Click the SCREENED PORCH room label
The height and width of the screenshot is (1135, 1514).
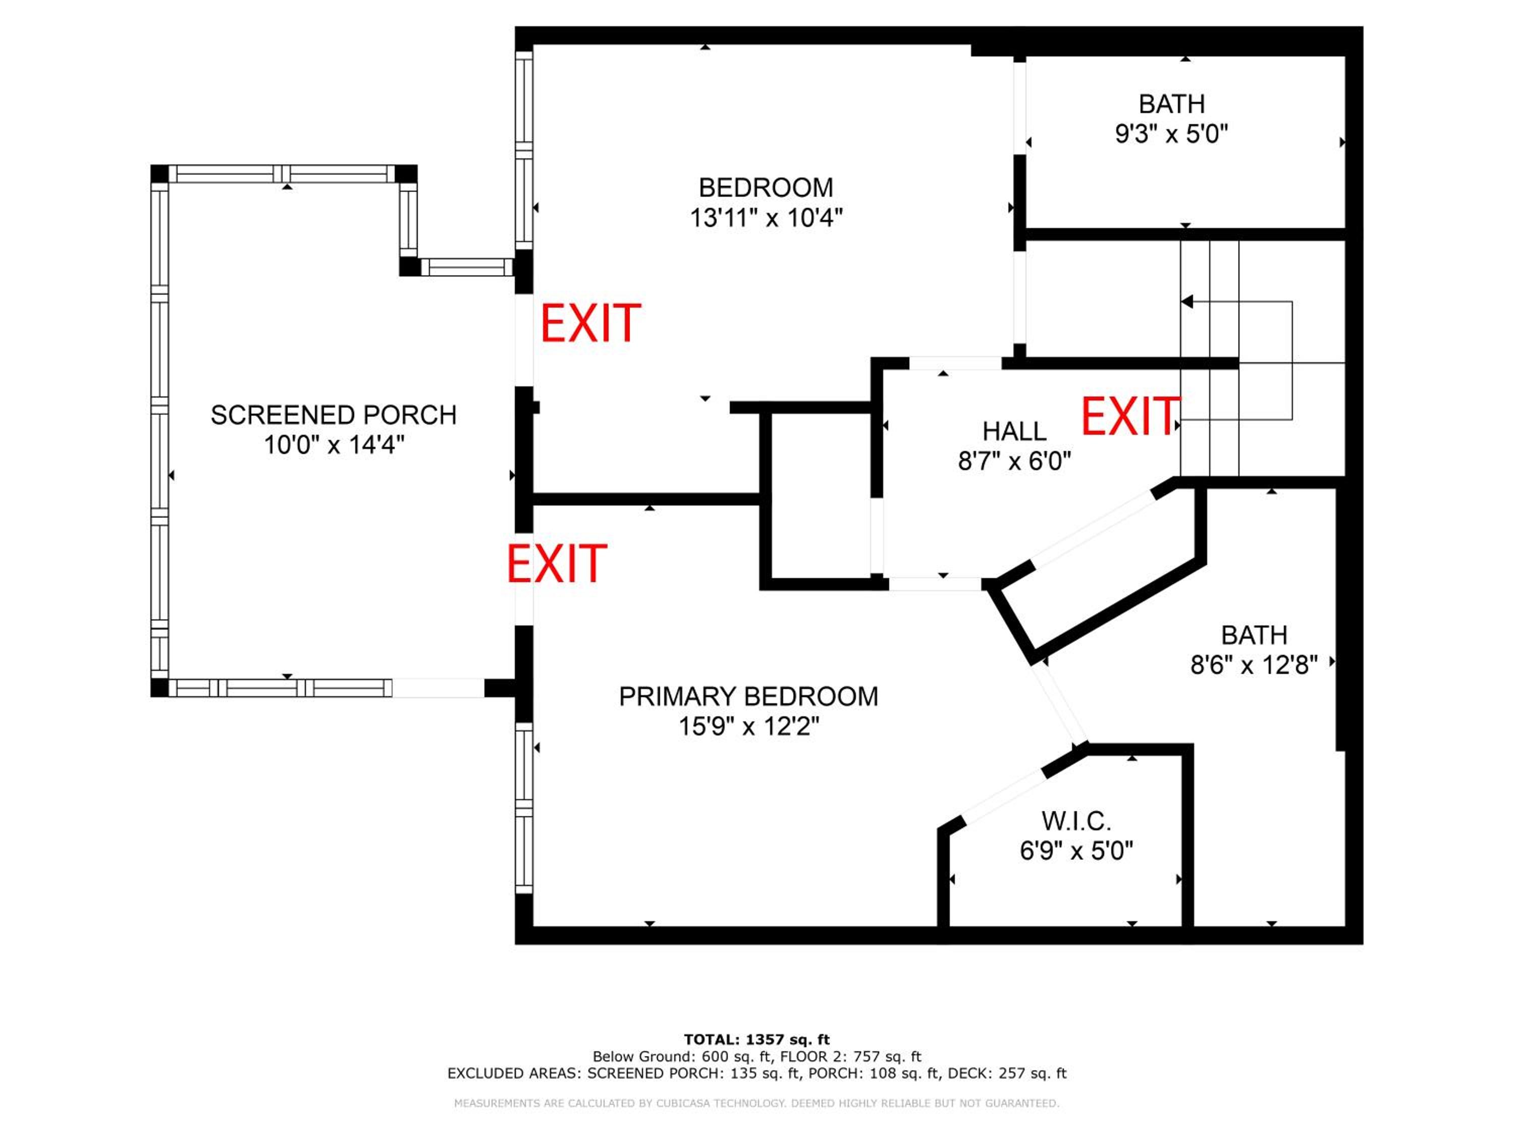pyautogui.click(x=333, y=415)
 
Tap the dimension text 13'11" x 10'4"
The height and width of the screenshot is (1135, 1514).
pyautogui.click(x=766, y=218)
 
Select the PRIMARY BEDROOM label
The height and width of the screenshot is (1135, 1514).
pyautogui.click(x=748, y=697)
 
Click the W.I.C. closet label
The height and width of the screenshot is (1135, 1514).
pyautogui.click(x=1076, y=821)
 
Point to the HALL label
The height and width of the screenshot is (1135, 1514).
pyautogui.click(x=1014, y=432)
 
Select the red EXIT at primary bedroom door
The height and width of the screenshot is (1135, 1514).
pyautogui.click(x=557, y=564)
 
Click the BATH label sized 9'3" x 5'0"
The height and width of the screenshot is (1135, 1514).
pyautogui.click(x=1172, y=104)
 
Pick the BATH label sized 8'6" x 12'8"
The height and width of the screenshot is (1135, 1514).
pyautogui.click(x=1254, y=636)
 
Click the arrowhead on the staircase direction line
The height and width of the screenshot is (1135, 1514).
pyautogui.click(x=1187, y=302)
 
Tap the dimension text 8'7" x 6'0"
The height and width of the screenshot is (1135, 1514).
pyautogui.click(x=1014, y=462)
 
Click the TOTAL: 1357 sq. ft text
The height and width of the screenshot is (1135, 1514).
pyautogui.click(x=756, y=1040)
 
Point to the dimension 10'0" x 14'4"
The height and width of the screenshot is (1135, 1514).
pyautogui.click(x=334, y=445)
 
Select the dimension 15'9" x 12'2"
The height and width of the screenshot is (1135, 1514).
pyautogui.click(x=749, y=726)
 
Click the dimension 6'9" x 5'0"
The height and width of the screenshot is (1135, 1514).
pyautogui.click(x=1076, y=851)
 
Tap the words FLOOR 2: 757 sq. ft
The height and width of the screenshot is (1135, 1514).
pyautogui.click(x=851, y=1057)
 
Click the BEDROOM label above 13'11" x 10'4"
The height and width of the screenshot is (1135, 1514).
pyautogui.click(x=766, y=188)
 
